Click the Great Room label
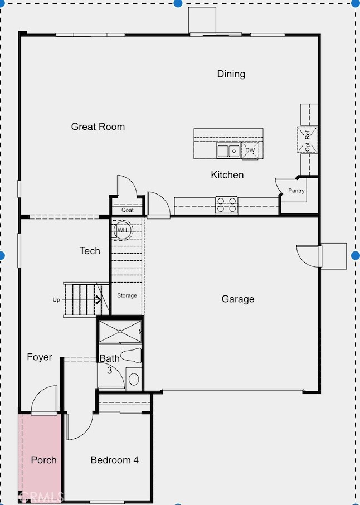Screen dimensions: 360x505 pyautogui.click(x=98, y=127)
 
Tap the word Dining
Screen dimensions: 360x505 pyautogui.click(x=231, y=74)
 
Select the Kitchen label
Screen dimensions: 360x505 pyautogui.click(x=227, y=175)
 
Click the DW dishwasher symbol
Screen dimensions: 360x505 pyautogui.click(x=250, y=150)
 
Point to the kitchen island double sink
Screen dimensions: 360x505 pyautogui.click(x=228, y=150)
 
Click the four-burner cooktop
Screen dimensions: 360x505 pyautogui.click(x=227, y=205)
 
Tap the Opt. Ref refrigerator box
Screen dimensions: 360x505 pyautogui.click(x=307, y=140)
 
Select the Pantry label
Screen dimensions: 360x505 pyautogui.click(x=296, y=191)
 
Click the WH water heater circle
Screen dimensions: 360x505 pyautogui.click(x=123, y=230)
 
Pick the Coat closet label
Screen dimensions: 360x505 pyautogui.click(x=128, y=210)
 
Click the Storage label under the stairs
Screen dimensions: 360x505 pyautogui.click(x=127, y=295)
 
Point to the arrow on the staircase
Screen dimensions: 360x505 pyautogui.click(x=98, y=300)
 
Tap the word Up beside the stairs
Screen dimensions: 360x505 pyautogui.click(x=56, y=300)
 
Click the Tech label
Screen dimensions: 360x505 pyautogui.click(x=90, y=251)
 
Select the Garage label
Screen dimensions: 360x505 pyautogui.click(x=238, y=299)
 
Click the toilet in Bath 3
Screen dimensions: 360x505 pyautogui.click(x=133, y=355)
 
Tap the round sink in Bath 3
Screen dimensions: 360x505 pyautogui.click(x=134, y=380)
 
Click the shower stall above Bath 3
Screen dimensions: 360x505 pyautogui.click(x=120, y=331)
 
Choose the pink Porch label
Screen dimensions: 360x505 pyautogui.click(x=44, y=460)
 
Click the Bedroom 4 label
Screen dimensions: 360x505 pyautogui.click(x=115, y=460)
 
